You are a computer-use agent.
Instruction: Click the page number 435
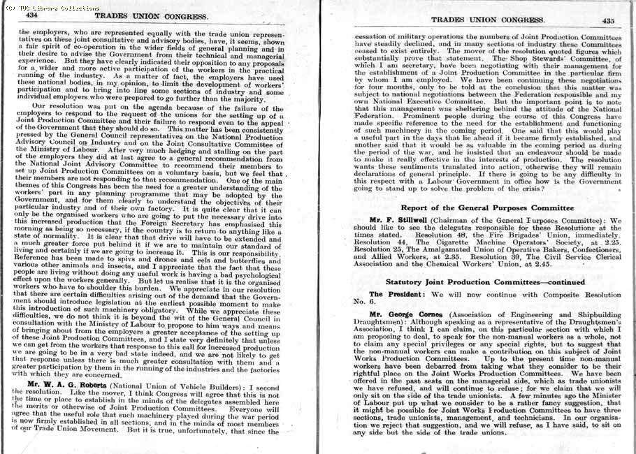pyautogui.click(x=608, y=21)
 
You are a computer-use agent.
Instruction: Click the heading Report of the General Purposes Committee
pyautogui.click(x=487, y=208)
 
